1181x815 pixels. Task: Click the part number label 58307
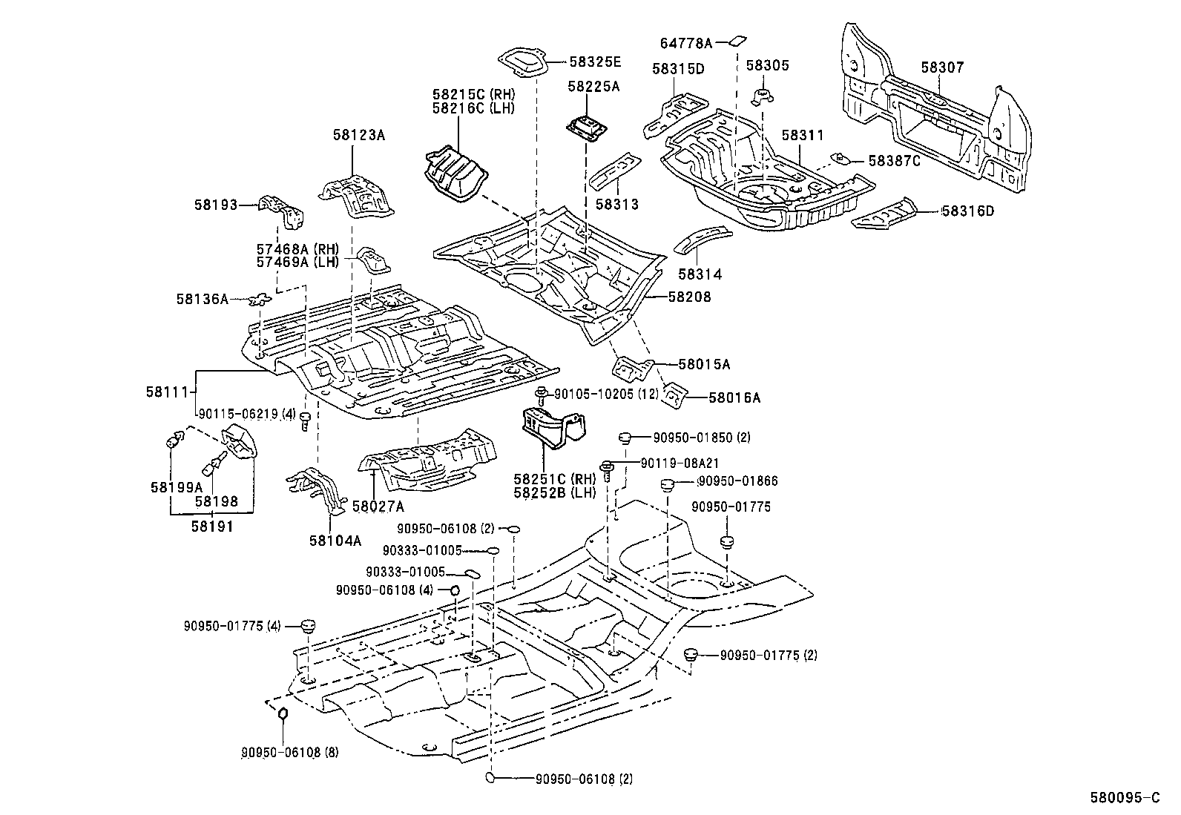(x=942, y=67)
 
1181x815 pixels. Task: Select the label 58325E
(x=596, y=62)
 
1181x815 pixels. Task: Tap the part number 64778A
(x=685, y=44)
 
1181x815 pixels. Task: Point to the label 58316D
(x=967, y=211)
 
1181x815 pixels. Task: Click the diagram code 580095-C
(x=1124, y=798)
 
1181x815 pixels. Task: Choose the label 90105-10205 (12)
(x=606, y=395)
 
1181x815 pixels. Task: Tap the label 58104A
(x=335, y=540)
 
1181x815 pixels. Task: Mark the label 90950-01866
(x=737, y=481)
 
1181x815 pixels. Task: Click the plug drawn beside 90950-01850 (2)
(x=625, y=437)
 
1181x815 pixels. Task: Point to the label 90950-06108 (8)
(x=289, y=752)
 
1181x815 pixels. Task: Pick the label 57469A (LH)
(x=297, y=261)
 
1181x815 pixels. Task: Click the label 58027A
(x=378, y=507)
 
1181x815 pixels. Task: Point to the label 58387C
(x=894, y=161)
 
